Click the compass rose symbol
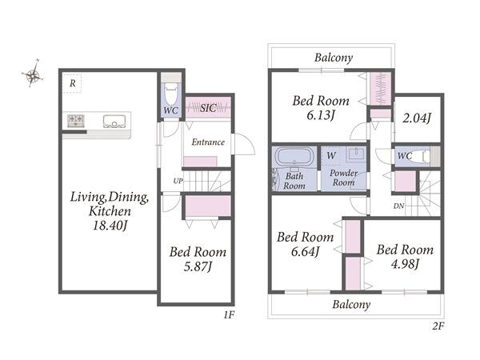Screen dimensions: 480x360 tap(33, 74)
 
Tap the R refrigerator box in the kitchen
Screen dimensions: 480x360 tap(73, 83)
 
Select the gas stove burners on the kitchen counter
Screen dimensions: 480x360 tap(76, 120)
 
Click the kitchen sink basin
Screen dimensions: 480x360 tap(114, 122)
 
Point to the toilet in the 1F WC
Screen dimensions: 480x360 tap(171, 94)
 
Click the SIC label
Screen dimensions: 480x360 tap(208, 108)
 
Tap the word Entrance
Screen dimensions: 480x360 tap(208, 142)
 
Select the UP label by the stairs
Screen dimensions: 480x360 tap(178, 181)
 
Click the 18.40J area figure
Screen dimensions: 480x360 tap(110, 226)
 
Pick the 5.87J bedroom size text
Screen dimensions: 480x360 tap(198, 266)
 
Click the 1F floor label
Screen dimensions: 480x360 tap(229, 314)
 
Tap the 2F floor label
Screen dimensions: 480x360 tap(438, 326)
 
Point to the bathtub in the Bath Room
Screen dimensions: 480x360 tap(294, 157)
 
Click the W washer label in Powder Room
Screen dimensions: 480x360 tap(331, 155)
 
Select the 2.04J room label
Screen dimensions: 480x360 tap(417, 118)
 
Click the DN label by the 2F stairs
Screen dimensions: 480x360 tap(398, 206)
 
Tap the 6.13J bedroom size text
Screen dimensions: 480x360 tap(321, 115)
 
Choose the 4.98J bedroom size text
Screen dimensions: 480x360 tap(405, 263)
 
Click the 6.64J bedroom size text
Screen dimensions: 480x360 tap(306, 251)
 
